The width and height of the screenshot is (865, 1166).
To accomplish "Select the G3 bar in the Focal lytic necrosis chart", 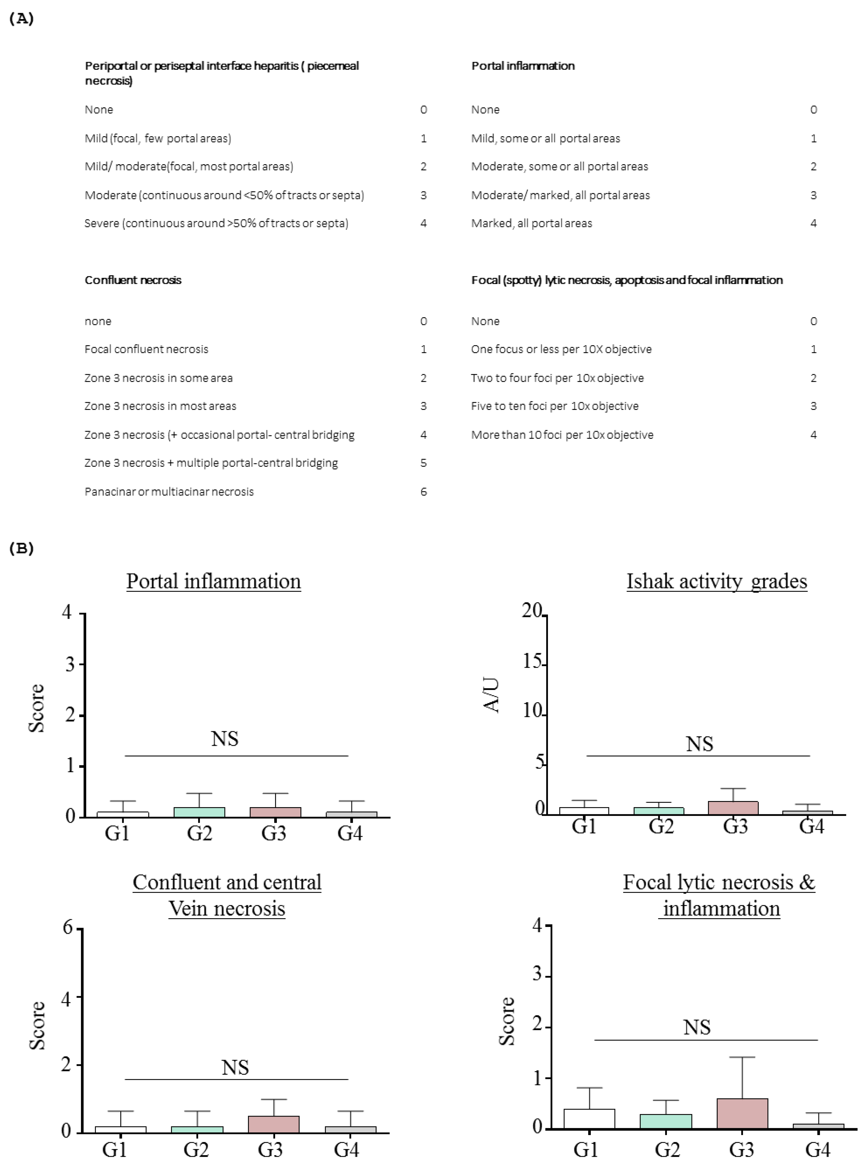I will pyautogui.click(x=742, y=1113).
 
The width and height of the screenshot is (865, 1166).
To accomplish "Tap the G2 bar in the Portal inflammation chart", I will pyautogui.click(x=199, y=812).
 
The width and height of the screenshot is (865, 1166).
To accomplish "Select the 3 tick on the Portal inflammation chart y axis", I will pyautogui.click(x=70, y=664).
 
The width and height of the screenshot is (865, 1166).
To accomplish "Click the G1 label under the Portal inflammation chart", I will pyautogui.click(x=117, y=833).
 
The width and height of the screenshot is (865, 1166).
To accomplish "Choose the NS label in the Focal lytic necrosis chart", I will pyautogui.click(x=697, y=1027).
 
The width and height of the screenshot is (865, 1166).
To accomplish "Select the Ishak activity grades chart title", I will pyautogui.click(x=716, y=581).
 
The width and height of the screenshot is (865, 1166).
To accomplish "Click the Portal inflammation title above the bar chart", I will pyautogui.click(x=214, y=581).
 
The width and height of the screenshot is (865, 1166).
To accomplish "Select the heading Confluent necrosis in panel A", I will pyautogui.click(x=133, y=280).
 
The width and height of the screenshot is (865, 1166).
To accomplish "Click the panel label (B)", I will pyautogui.click(x=21, y=548).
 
